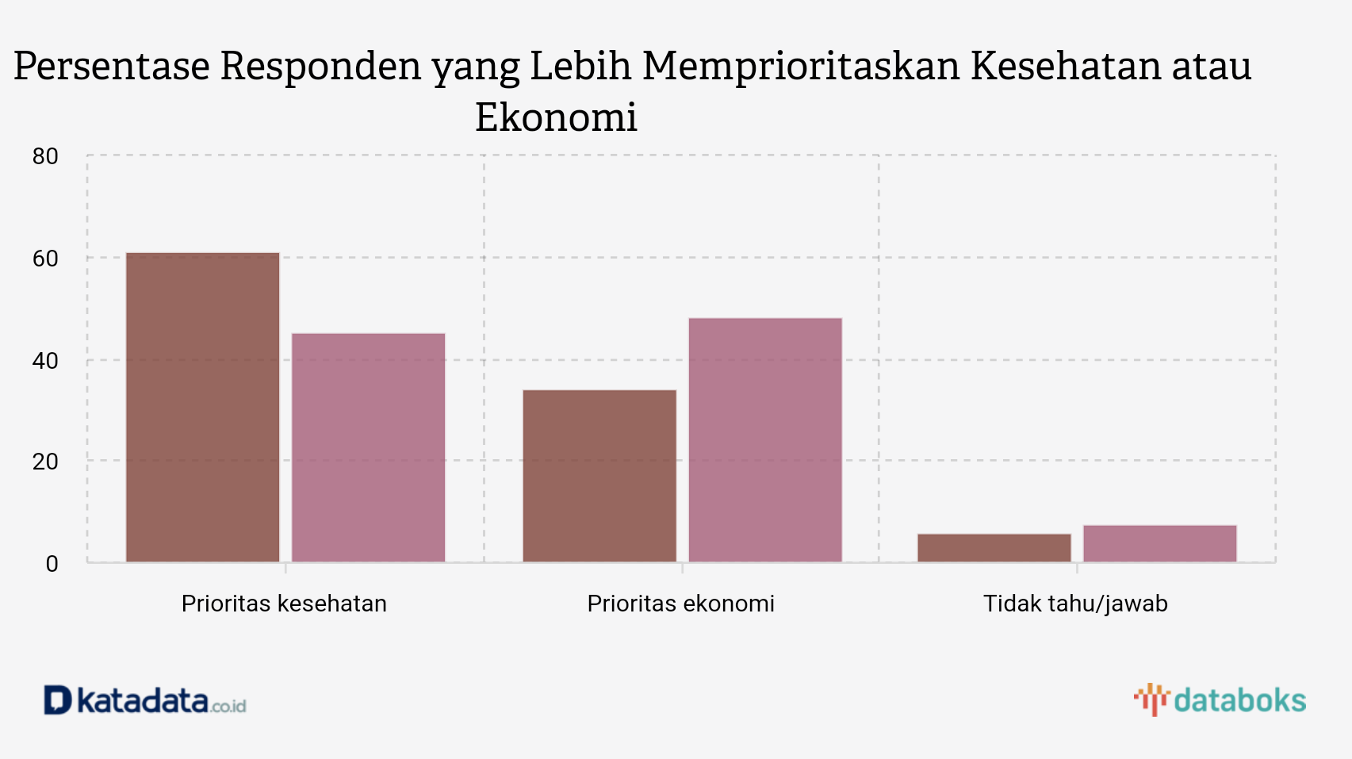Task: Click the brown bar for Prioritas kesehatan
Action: [203, 408]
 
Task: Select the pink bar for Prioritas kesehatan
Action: [369, 448]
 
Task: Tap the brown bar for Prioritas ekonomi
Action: [599, 476]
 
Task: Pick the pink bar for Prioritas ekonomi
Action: [765, 440]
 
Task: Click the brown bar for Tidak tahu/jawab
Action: [994, 548]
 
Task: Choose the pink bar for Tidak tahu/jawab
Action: [1160, 544]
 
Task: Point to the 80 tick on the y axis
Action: [45, 156]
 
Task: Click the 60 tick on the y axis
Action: [45, 259]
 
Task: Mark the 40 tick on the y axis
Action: [45, 361]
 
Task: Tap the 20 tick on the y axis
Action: [45, 462]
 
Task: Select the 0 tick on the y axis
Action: [52, 564]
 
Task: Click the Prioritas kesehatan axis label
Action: [284, 604]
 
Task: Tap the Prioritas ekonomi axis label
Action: [680, 604]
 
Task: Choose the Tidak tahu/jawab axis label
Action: [1075, 604]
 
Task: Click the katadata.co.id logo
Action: [145, 700]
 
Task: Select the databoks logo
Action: [1220, 700]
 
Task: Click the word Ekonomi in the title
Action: [556, 117]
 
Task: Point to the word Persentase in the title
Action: [112, 66]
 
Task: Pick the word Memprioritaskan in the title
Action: [801, 66]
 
